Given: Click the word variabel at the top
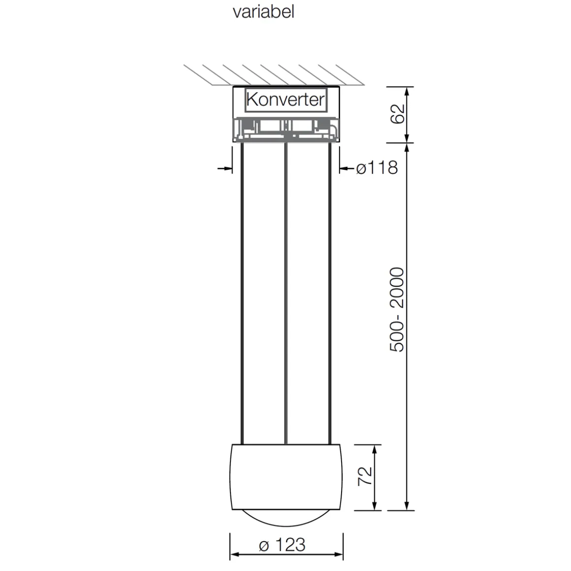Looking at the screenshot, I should tap(263, 11).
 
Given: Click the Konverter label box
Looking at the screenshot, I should tap(285, 100).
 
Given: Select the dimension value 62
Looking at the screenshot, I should tap(398, 114).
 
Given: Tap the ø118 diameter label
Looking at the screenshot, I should tap(377, 168).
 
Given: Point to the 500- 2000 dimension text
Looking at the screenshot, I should tap(397, 310).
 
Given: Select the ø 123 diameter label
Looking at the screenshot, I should tap(283, 544).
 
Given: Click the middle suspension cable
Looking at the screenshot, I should tap(285, 295).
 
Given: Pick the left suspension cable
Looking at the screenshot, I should tap(242, 295).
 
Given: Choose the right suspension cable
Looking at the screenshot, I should tap(329, 295).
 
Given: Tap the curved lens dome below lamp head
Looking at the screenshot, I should tap(285, 519).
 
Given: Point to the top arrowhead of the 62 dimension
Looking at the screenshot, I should tap(407, 91).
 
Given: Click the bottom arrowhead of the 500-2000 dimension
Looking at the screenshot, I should tap(407, 507).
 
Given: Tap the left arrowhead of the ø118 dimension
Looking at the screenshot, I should tap(228, 168).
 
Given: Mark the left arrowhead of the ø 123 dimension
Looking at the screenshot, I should tap(234, 555).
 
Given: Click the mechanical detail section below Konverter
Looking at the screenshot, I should tap(285, 128).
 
